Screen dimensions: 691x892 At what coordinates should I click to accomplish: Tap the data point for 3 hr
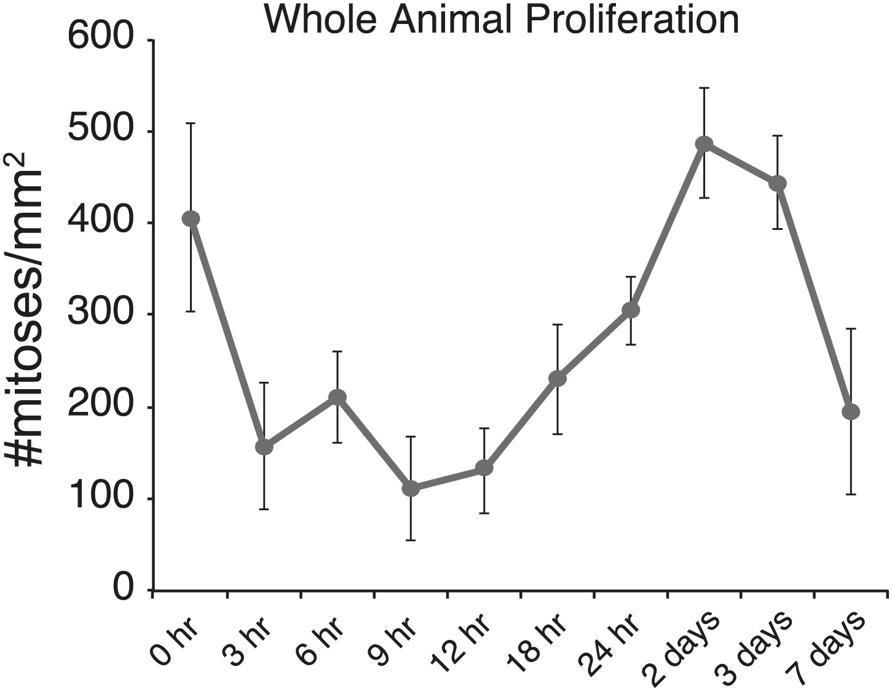click(264, 447)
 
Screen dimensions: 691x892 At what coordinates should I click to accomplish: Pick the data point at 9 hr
click(411, 489)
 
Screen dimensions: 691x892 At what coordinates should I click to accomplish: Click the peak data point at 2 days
click(704, 144)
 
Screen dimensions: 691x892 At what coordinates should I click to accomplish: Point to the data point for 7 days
click(851, 411)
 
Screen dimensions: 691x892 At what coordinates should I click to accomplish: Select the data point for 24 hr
click(631, 310)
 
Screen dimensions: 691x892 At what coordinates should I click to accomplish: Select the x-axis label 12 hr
click(462, 642)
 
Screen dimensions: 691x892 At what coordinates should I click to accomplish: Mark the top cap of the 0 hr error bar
click(191, 123)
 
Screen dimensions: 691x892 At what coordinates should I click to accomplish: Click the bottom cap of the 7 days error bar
click(851, 494)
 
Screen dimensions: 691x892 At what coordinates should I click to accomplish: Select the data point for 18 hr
click(558, 378)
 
